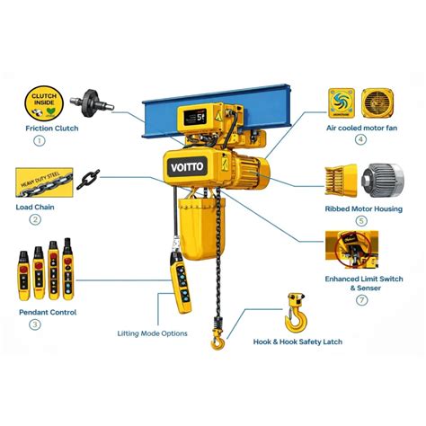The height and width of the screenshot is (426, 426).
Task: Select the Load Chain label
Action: pyautogui.click(x=35, y=206)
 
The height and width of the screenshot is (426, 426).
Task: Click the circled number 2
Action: pyautogui.click(x=35, y=219)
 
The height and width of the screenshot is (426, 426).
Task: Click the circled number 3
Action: pyautogui.click(x=35, y=324)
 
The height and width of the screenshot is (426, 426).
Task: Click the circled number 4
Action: pyautogui.click(x=360, y=140)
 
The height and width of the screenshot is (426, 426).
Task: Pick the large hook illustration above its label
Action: pyautogui.click(x=293, y=313)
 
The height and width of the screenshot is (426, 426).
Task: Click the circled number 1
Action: pyautogui.click(x=38, y=140)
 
